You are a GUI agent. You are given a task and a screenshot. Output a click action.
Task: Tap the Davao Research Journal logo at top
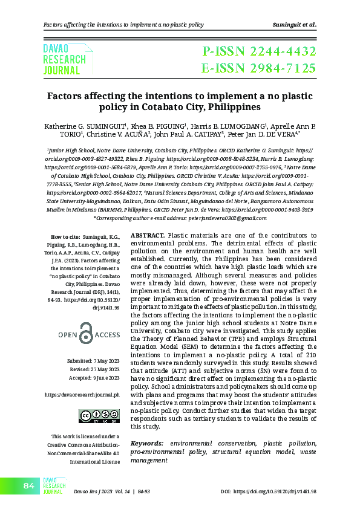[64, 59]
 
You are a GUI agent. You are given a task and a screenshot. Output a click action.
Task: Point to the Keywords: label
[147, 444]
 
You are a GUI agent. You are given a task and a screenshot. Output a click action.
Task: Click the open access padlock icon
[89, 334]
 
